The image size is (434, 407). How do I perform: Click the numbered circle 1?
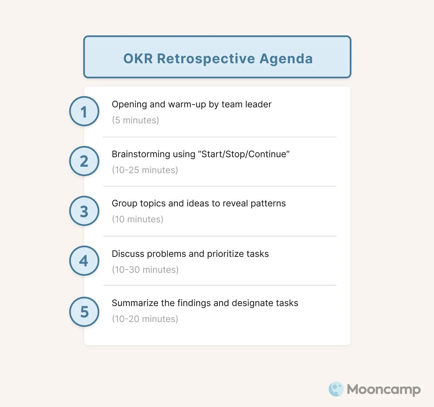click(84, 111)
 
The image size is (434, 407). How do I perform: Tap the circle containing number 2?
click(84, 161)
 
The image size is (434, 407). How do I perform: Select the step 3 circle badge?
click(84, 211)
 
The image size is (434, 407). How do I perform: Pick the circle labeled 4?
click(84, 261)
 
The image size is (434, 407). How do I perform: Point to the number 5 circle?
click(84, 312)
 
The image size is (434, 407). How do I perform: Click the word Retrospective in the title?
click(206, 59)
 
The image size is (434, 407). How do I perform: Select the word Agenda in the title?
click(286, 59)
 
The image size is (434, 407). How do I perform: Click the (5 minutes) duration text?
click(135, 120)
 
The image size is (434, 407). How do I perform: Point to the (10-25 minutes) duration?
click(145, 170)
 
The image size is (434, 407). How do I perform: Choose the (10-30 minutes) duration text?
click(145, 270)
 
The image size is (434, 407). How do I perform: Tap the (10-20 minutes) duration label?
click(145, 319)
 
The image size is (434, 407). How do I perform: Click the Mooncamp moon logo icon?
click(336, 389)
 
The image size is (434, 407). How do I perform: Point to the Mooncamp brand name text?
click(384, 389)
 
